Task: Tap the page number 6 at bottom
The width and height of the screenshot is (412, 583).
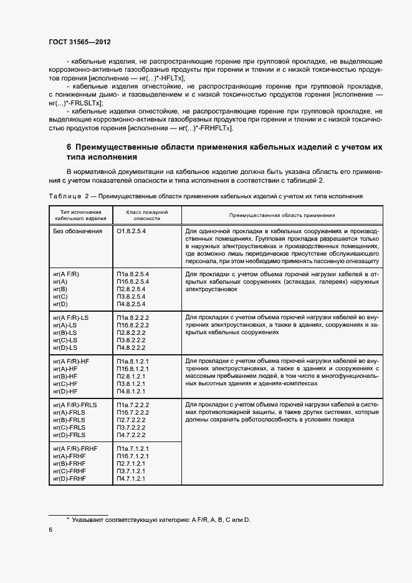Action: [x=50, y=529]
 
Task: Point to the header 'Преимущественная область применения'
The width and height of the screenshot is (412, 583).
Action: [x=282, y=215]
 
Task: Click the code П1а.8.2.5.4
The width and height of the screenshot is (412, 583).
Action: [x=132, y=274]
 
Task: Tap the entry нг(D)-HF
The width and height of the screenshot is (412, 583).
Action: [x=66, y=391]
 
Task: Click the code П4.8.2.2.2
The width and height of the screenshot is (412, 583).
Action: [x=132, y=347]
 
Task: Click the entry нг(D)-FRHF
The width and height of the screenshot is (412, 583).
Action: [x=69, y=478]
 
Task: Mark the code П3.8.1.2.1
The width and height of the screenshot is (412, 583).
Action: [x=130, y=383]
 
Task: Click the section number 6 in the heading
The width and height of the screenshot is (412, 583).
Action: [x=69, y=147]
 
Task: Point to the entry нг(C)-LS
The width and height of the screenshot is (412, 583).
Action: [x=65, y=340]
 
